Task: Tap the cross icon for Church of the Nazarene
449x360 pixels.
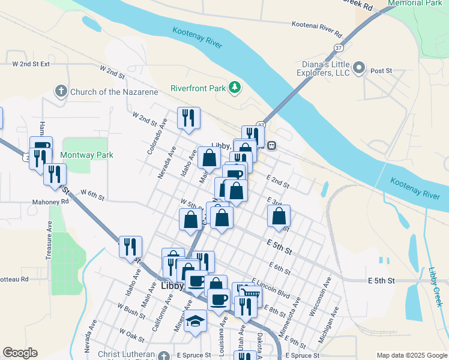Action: coord(61,92)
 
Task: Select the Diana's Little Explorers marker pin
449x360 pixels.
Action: coord(360,67)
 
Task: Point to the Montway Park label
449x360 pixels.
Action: coord(86,155)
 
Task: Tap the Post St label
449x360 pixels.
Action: coord(381,71)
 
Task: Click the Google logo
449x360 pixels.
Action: coord(20,353)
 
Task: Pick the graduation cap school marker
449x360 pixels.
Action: coord(195,321)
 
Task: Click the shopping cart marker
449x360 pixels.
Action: coord(250,295)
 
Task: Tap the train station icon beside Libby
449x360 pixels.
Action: coord(271,146)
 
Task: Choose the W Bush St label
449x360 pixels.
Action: coord(131,310)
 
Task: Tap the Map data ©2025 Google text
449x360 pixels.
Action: coord(411,355)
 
